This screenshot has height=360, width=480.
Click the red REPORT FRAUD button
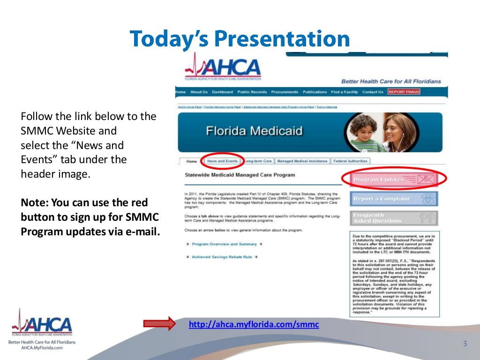tap(404, 92)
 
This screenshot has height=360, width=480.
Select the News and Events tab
tap(222, 161)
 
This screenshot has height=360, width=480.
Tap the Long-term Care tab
tap(258, 161)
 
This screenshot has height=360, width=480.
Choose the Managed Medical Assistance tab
tap(302, 161)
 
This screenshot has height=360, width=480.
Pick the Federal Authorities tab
tap(351, 161)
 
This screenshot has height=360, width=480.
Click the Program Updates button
tap(394, 179)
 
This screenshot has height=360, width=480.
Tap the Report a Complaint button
tap(394, 199)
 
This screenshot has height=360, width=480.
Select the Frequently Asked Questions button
tap(394, 218)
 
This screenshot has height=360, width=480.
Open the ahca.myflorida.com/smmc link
tap(254, 324)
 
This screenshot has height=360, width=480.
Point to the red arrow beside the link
tap(159, 323)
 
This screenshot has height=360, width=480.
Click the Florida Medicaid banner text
tap(254, 131)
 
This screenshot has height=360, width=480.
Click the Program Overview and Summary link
tap(224, 244)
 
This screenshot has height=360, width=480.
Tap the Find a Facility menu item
tap(345, 92)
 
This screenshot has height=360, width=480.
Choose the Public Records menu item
tap(252, 92)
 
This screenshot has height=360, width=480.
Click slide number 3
tap(465, 344)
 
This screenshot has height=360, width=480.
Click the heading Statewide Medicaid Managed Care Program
tap(240, 175)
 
